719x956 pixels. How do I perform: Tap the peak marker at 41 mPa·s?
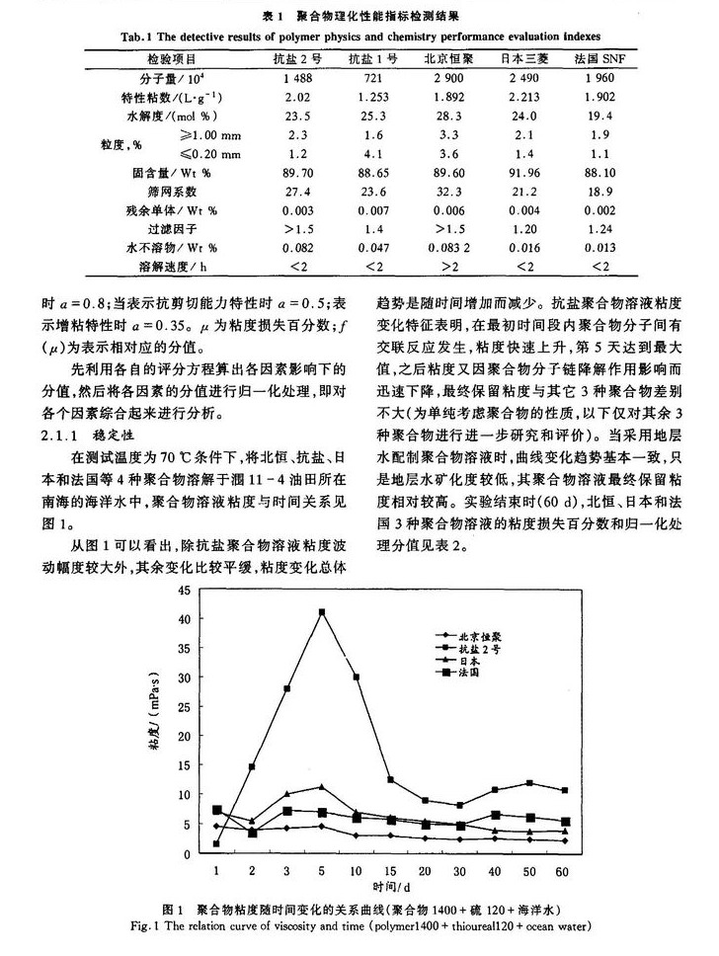pos(322,612)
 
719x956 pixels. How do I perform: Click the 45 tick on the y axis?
pos(183,590)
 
